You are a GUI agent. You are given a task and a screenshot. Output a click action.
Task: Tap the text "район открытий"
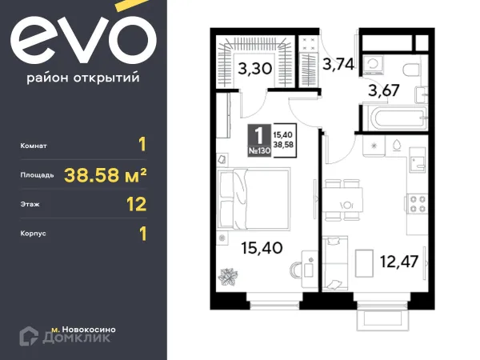click(x=83, y=78)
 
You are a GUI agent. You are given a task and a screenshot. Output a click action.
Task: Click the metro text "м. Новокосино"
click(x=85, y=330)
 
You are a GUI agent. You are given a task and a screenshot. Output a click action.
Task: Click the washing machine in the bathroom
click(x=373, y=66)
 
